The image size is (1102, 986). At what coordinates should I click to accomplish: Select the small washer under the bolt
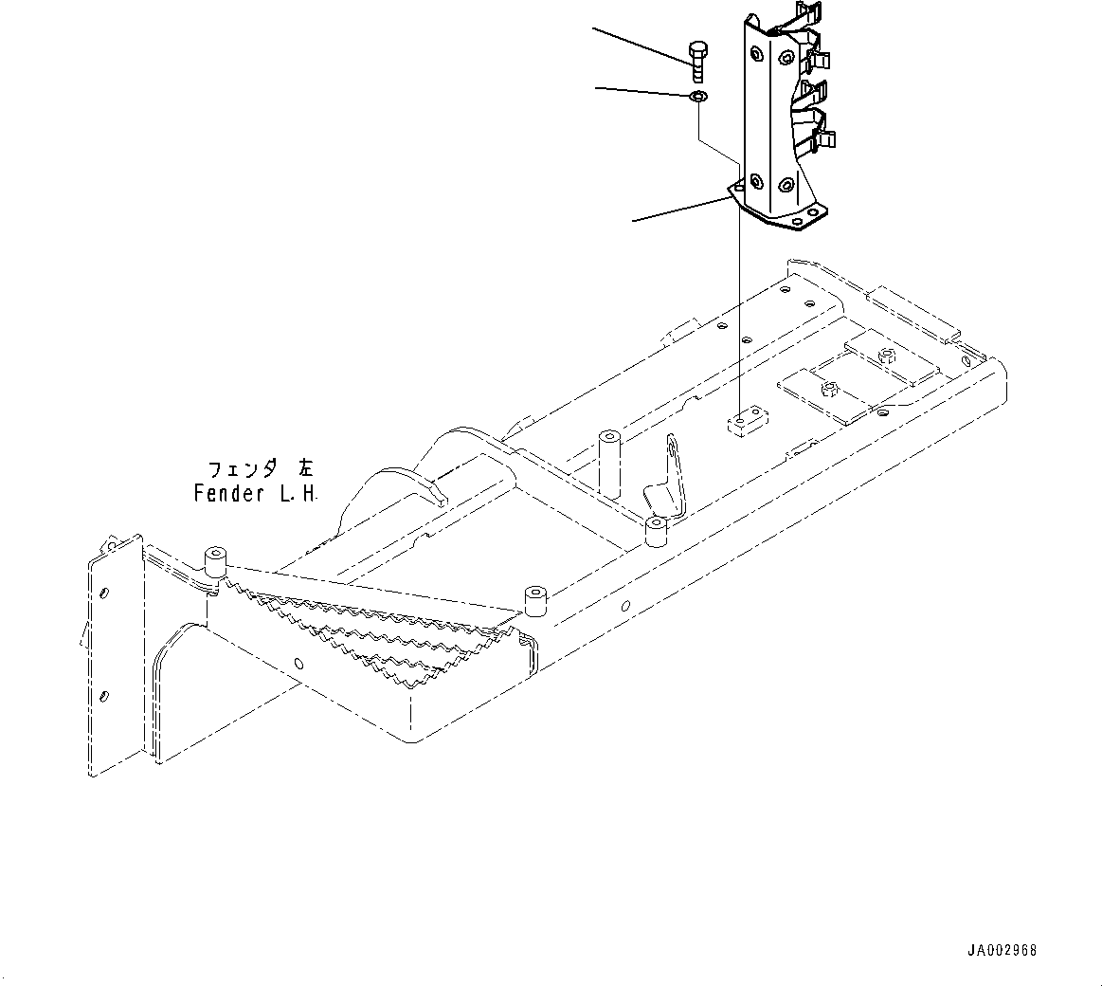click(x=696, y=97)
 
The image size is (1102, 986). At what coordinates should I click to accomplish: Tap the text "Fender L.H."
click(x=256, y=493)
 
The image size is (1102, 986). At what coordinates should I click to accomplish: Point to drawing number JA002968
click(x=1002, y=949)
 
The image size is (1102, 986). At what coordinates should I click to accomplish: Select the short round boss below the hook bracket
click(x=656, y=531)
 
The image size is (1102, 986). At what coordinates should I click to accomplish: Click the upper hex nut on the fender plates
click(x=888, y=356)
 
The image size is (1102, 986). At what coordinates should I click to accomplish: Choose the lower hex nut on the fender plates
click(x=829, y=387)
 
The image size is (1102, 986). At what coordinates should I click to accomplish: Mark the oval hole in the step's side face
click(x=298, y=663)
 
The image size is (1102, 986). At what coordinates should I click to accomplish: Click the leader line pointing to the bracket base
click(x=677, y=210)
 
